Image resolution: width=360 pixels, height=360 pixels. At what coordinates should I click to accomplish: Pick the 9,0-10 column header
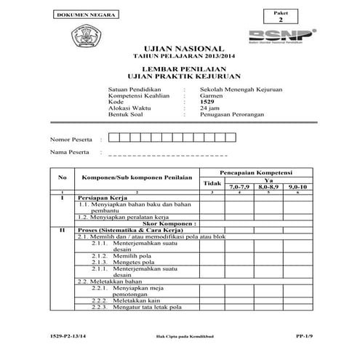(298, 188)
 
